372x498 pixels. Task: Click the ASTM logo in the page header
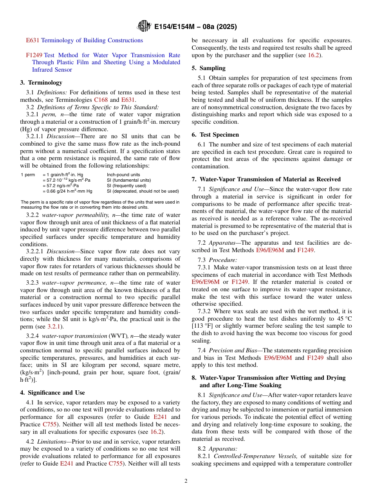tap(144, 27)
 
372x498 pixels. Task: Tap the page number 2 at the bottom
tap(186, 481)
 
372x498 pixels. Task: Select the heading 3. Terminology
tap(41, 83)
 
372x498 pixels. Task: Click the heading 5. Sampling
tap(208, 68)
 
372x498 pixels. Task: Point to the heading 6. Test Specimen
tap(215, 134)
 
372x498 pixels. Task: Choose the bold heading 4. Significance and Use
tap(52, 393)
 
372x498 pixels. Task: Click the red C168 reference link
tap(101, 100)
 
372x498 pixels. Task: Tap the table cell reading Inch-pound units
tap(123, 175)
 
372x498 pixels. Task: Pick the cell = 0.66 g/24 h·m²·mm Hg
tap(67, 191)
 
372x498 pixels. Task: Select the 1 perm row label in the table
tap(27, 175)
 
